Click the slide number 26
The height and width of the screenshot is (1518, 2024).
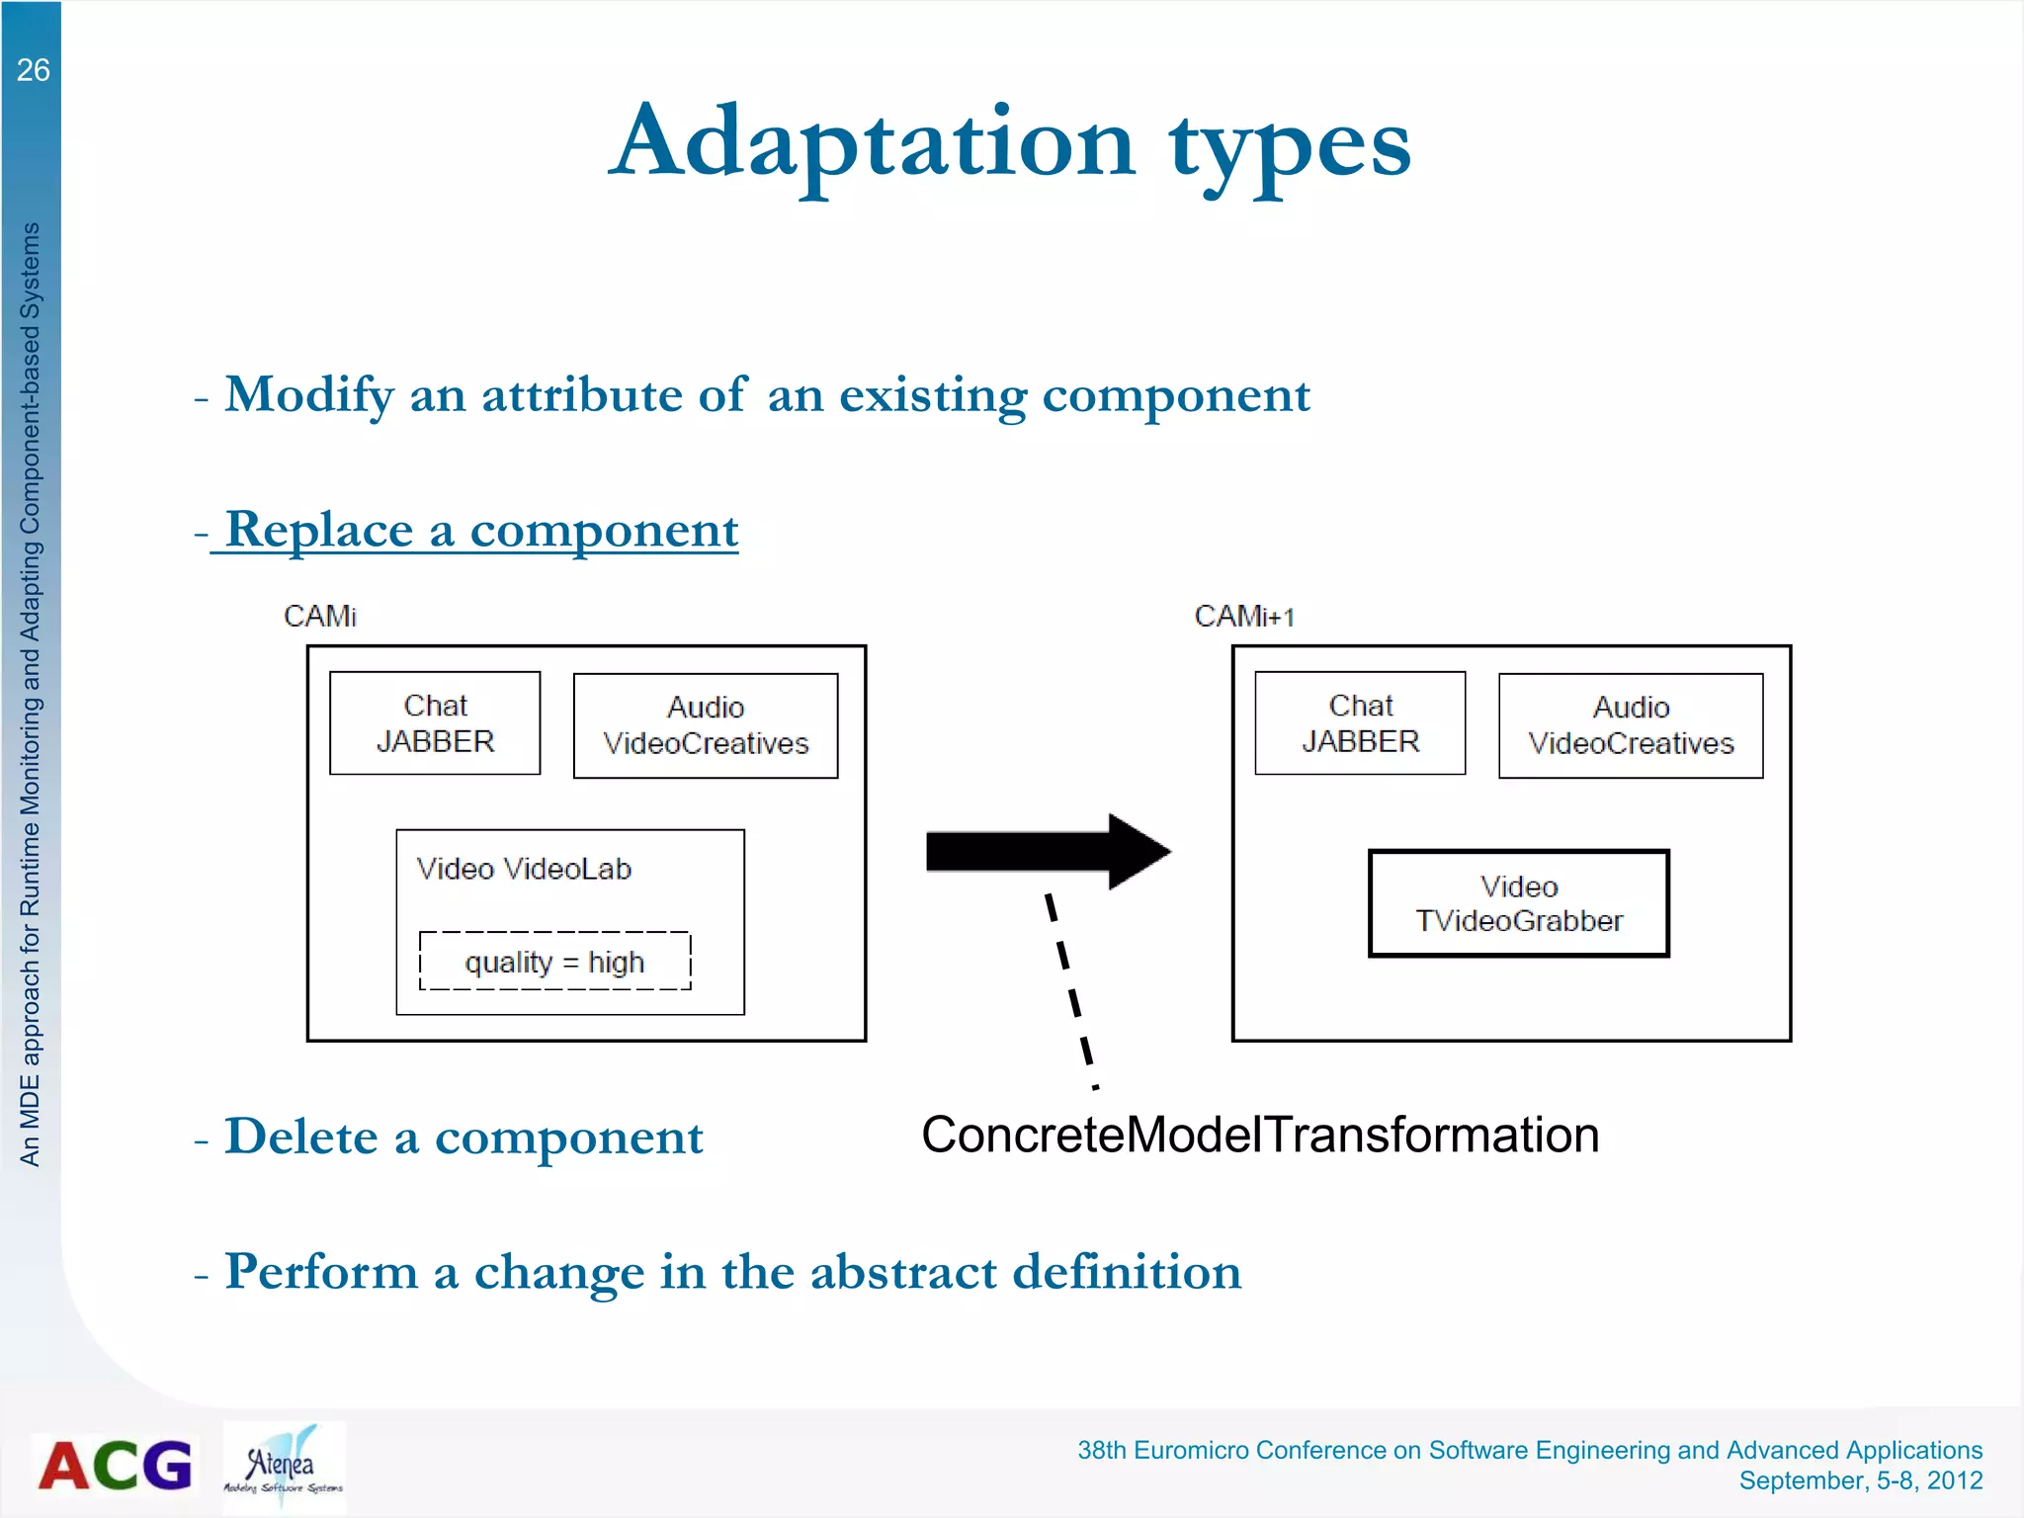click(x=33, y=70)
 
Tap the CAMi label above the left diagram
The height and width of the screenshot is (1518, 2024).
click(x=319, y=616)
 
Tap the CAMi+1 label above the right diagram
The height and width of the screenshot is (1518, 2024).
click(x=1243, y=616)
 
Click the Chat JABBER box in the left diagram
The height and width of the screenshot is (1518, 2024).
click(x=435, y=723)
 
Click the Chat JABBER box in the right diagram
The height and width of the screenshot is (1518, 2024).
click(x=1360, y=723)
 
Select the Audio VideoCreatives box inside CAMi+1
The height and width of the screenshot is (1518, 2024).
click(x=1631, y=725)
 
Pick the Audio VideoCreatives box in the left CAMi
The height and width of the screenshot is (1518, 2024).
click(x=706, y=725)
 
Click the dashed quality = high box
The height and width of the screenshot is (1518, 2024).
click(x=554, y=961)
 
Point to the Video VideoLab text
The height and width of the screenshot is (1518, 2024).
click(x=524, y=869)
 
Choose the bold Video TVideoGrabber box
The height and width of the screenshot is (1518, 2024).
click(x=1519, y=903)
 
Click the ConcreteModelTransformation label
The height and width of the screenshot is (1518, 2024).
click(x=1260, y=1135)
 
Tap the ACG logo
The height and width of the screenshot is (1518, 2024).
click(x=116, y=1466)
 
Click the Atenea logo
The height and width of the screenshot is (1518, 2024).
click(x=284, y=1467)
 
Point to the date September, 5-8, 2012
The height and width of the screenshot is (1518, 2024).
click(x=1860, y=1480)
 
